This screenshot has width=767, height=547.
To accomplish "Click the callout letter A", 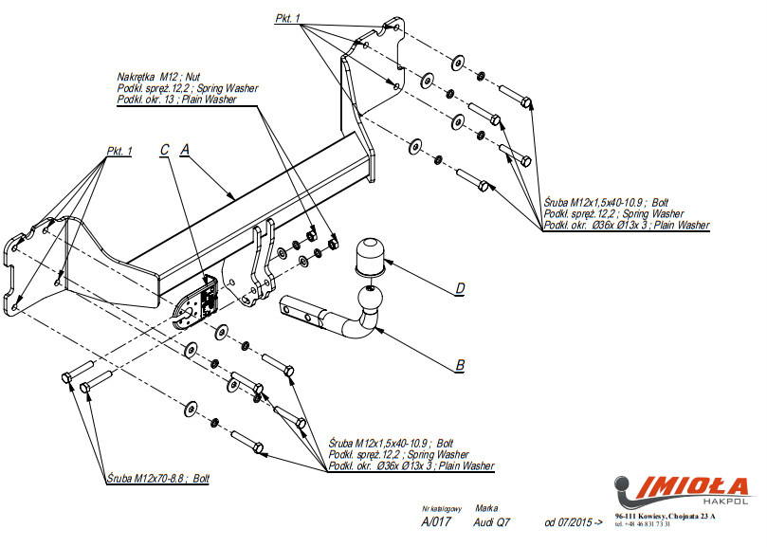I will click(186, 149).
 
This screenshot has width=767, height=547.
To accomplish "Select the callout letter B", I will click(460, 364).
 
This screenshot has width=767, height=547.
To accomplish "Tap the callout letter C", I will click(164, 150).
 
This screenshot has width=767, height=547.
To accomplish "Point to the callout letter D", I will click(459, 288).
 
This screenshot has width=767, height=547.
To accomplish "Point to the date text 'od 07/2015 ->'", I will click(574, 522).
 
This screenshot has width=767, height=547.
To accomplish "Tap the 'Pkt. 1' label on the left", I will click(119, 152).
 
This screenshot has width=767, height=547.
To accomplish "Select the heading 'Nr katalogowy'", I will click(438, 508).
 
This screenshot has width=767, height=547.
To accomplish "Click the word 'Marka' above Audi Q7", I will click(486, 508).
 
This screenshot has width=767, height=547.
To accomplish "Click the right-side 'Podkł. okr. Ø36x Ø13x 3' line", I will click(627, 225).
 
